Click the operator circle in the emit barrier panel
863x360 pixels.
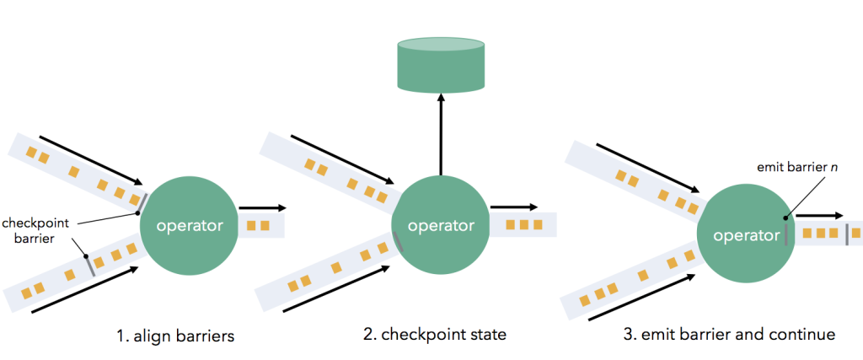[x=746, y=235]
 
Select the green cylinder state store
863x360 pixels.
[x=441, y=63]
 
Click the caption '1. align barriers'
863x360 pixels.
[x=174, y=335]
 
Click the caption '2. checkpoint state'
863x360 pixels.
[x=435, y=335]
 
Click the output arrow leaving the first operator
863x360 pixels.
[x=263, y=207]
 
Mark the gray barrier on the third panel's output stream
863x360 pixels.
[x=847, y=234]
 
